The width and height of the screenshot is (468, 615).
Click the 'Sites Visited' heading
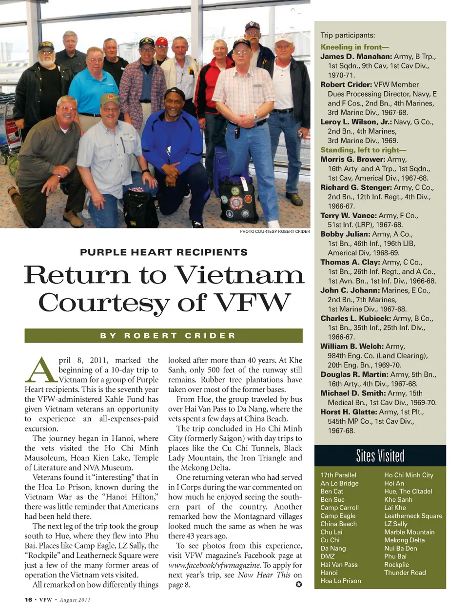380,456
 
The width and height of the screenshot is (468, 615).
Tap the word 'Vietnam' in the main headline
239,275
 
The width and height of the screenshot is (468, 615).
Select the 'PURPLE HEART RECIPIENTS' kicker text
164,252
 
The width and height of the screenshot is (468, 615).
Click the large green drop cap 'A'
40,371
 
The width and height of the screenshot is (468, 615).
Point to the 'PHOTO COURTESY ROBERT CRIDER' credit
274,231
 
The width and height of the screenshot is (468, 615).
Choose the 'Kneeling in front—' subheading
354,47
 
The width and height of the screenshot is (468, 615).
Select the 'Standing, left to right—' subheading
363,150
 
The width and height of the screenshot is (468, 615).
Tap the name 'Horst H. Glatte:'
348,412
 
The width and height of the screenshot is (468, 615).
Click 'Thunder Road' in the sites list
405,573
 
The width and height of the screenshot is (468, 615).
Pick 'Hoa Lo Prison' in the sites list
341,581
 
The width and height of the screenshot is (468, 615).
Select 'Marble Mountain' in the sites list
409,532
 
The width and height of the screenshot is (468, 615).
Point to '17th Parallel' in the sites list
338,475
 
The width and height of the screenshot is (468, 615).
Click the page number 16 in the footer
28,600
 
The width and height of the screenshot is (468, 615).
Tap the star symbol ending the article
298,584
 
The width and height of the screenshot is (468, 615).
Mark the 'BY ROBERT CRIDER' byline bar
164,336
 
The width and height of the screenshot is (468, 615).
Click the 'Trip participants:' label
348,35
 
